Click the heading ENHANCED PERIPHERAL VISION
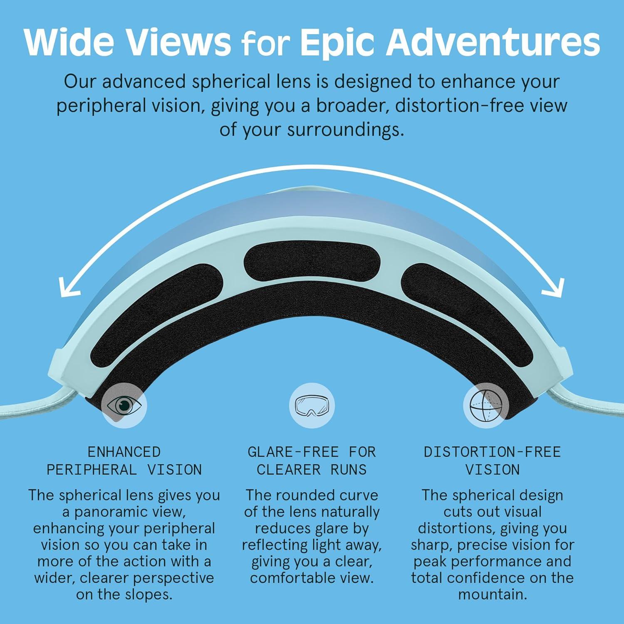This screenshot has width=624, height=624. pos(124,461)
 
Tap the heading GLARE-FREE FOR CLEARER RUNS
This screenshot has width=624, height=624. pos(312,461)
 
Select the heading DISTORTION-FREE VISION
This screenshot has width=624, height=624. pos(492,461)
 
